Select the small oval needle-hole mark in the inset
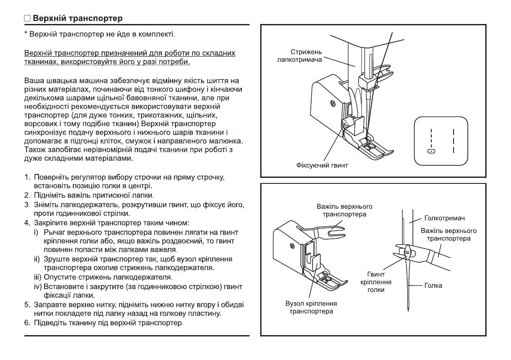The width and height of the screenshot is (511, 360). (x=432, y=151)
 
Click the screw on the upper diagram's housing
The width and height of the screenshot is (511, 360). (x=332, y=103)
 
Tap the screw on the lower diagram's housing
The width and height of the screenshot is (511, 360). (x=292, y=246)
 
